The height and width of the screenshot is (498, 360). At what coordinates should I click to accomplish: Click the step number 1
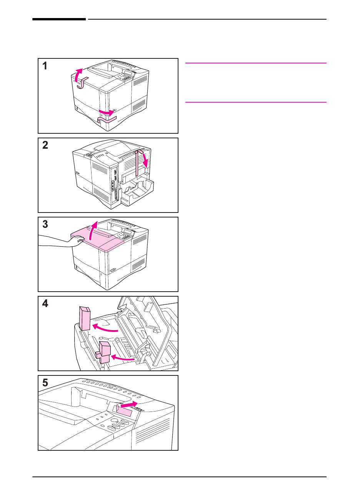45,66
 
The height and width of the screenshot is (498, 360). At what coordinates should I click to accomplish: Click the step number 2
45,145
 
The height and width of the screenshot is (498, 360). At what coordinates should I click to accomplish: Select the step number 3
45,224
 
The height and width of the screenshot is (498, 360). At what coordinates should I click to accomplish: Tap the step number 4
45,304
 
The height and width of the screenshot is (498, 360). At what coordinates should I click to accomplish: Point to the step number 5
45,383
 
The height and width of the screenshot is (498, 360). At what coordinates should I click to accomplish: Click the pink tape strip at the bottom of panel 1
107,120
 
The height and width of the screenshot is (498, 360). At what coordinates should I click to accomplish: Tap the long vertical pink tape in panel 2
137,163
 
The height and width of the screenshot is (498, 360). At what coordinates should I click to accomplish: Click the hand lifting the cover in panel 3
76,241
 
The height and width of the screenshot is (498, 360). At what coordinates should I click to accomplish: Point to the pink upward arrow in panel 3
93,231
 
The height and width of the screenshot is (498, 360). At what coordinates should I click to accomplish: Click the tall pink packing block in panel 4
85,319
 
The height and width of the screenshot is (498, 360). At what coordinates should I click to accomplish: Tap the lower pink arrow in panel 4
122,357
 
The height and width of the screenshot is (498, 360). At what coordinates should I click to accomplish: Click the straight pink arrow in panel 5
129,404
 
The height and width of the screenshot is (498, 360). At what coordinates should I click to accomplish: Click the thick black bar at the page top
59,19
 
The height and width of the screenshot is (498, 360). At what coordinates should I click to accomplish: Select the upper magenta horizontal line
256,63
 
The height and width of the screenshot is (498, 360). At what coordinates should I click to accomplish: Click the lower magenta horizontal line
256,102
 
